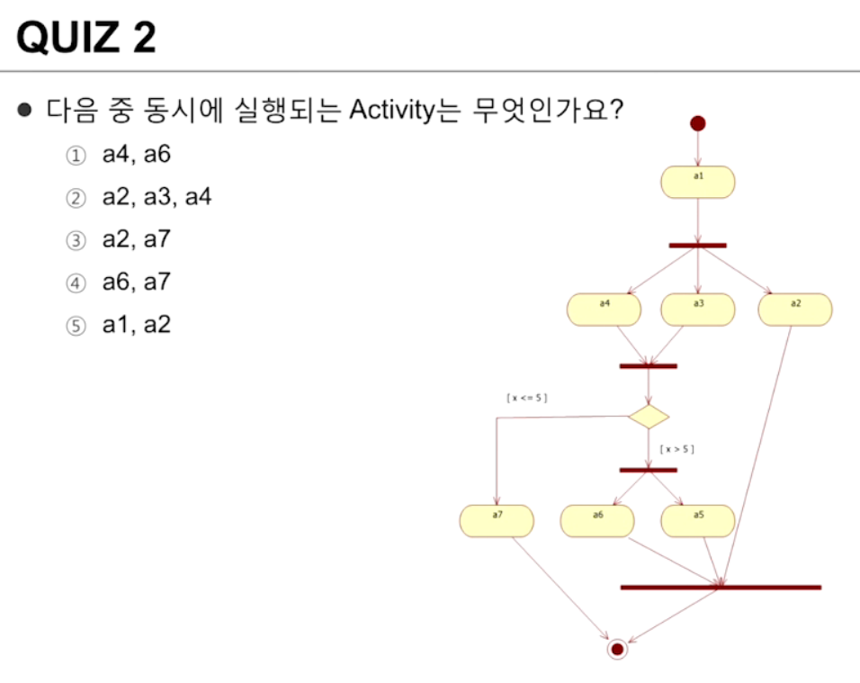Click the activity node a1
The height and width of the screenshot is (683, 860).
click(698, 182)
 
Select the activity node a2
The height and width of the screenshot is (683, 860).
click(795, 310)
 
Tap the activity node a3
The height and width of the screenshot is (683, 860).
click(698, 310)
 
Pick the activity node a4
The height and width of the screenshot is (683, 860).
click(605, 310)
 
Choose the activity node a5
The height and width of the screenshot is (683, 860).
click(698, 520)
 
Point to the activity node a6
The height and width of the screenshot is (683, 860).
click(597, 520)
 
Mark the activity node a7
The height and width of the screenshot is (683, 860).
click(497, 520)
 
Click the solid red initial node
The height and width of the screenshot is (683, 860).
click(697, 123)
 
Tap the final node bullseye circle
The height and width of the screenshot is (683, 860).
click(616, 648)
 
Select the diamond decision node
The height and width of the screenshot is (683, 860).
click(649, 417)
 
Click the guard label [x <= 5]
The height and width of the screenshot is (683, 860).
click(527, 397)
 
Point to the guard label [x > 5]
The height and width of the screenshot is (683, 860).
click(677, 448)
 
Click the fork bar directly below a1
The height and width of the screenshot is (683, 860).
click(697, 245)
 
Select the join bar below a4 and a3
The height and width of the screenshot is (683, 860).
click(648, 366)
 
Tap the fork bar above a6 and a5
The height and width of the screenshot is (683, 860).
click(648, 470)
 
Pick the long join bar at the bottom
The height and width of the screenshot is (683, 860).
click(721, 588)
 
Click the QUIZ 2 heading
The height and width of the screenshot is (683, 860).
click(86, 38)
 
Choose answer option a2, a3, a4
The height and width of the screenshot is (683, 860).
click(156, 197)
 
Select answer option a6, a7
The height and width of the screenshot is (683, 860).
click(135, 283)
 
